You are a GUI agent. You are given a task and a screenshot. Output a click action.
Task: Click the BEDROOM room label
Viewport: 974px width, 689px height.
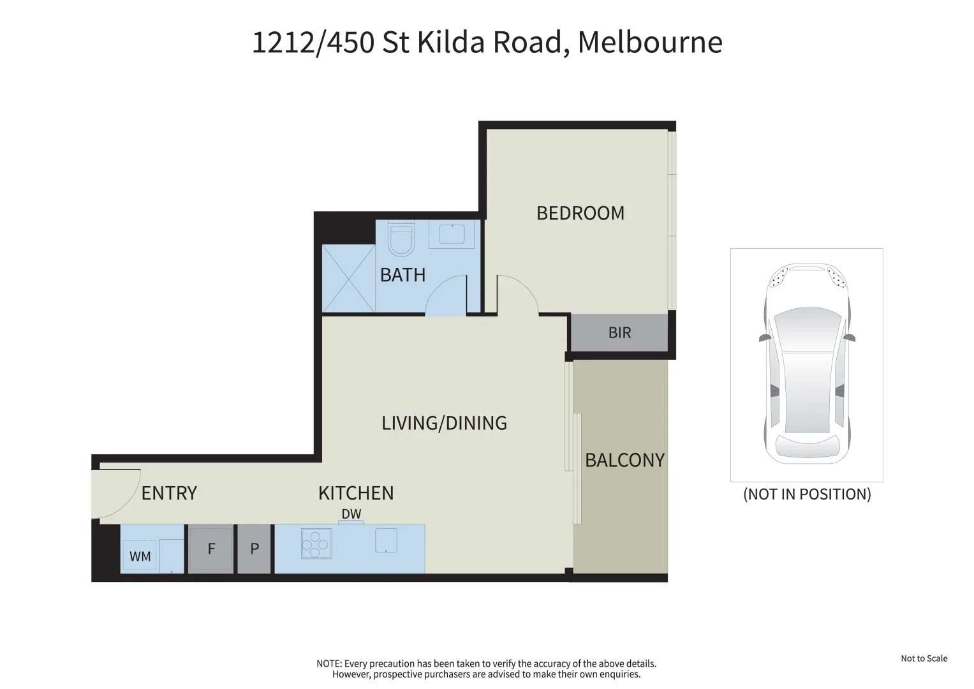[x=580, y=213]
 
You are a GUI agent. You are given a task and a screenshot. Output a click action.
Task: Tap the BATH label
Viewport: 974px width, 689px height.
[x=402, y=275]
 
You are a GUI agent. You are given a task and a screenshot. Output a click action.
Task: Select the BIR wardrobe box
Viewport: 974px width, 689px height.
[x=619, y=332]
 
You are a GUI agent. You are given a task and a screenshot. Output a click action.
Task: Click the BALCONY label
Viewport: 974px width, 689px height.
[x=624, y=460]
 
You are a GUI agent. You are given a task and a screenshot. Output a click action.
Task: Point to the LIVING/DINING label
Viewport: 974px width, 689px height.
[x=444, y=423]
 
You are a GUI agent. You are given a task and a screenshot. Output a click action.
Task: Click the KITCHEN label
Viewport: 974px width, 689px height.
[x=356, y=493]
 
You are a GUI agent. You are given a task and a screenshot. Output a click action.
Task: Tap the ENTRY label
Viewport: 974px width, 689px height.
[x=169, y=493]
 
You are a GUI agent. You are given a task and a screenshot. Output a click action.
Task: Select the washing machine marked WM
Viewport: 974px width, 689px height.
[x=140, y=556]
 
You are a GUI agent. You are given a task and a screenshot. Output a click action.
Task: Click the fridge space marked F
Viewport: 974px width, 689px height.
[x=211, y=549]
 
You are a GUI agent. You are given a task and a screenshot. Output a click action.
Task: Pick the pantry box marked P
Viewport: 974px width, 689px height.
[x=254, y=549]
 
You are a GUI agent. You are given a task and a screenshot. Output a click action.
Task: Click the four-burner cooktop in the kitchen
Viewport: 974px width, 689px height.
[x=316, y=544]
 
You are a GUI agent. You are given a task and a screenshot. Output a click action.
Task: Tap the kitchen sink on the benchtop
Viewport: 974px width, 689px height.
[x=386, y=540]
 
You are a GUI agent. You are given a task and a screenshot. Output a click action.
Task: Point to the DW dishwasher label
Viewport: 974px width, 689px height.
[x=351, y=514]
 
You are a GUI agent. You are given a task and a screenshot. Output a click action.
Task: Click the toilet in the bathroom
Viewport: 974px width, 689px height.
[x=402, y=238]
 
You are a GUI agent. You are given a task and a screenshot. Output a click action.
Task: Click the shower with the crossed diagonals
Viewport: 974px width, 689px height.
[x=348, y=279]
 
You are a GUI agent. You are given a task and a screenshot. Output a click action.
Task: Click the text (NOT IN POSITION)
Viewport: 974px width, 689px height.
[x=807, y=494]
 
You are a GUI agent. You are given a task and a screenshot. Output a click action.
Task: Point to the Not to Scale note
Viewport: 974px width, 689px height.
[x=924, y=658]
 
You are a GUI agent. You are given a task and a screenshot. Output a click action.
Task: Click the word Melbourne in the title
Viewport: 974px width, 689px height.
[x=649, y=43]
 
